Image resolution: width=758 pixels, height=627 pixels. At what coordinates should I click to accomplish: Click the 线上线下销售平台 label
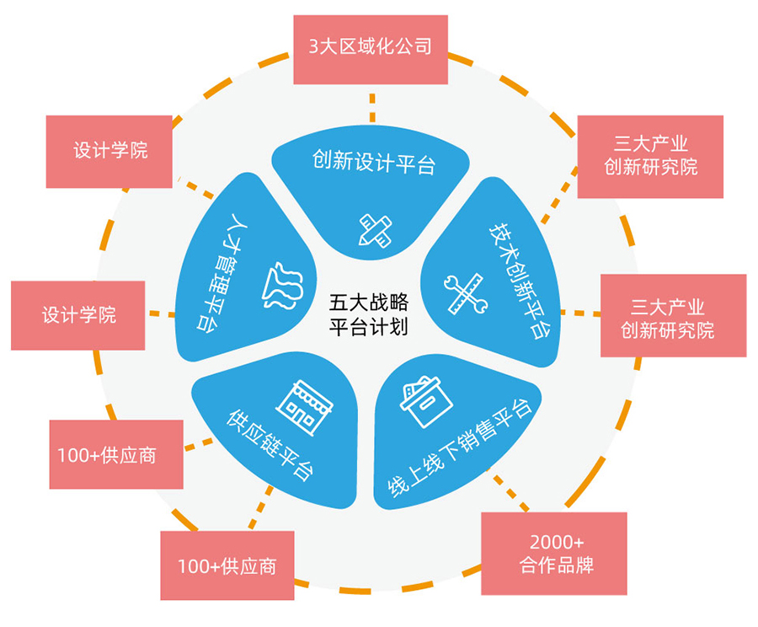(x=459, y=450)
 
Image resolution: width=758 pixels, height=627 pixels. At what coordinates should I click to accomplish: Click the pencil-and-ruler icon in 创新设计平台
(x=375, y=228)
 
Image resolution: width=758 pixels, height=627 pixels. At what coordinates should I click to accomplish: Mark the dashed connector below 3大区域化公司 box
(x=371, y=108)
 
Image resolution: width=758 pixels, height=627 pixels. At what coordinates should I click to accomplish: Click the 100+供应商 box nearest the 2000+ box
(x=227, y=565)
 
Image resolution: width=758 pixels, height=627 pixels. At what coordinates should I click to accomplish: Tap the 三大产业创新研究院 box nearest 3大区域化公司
(x=651, y=156)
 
